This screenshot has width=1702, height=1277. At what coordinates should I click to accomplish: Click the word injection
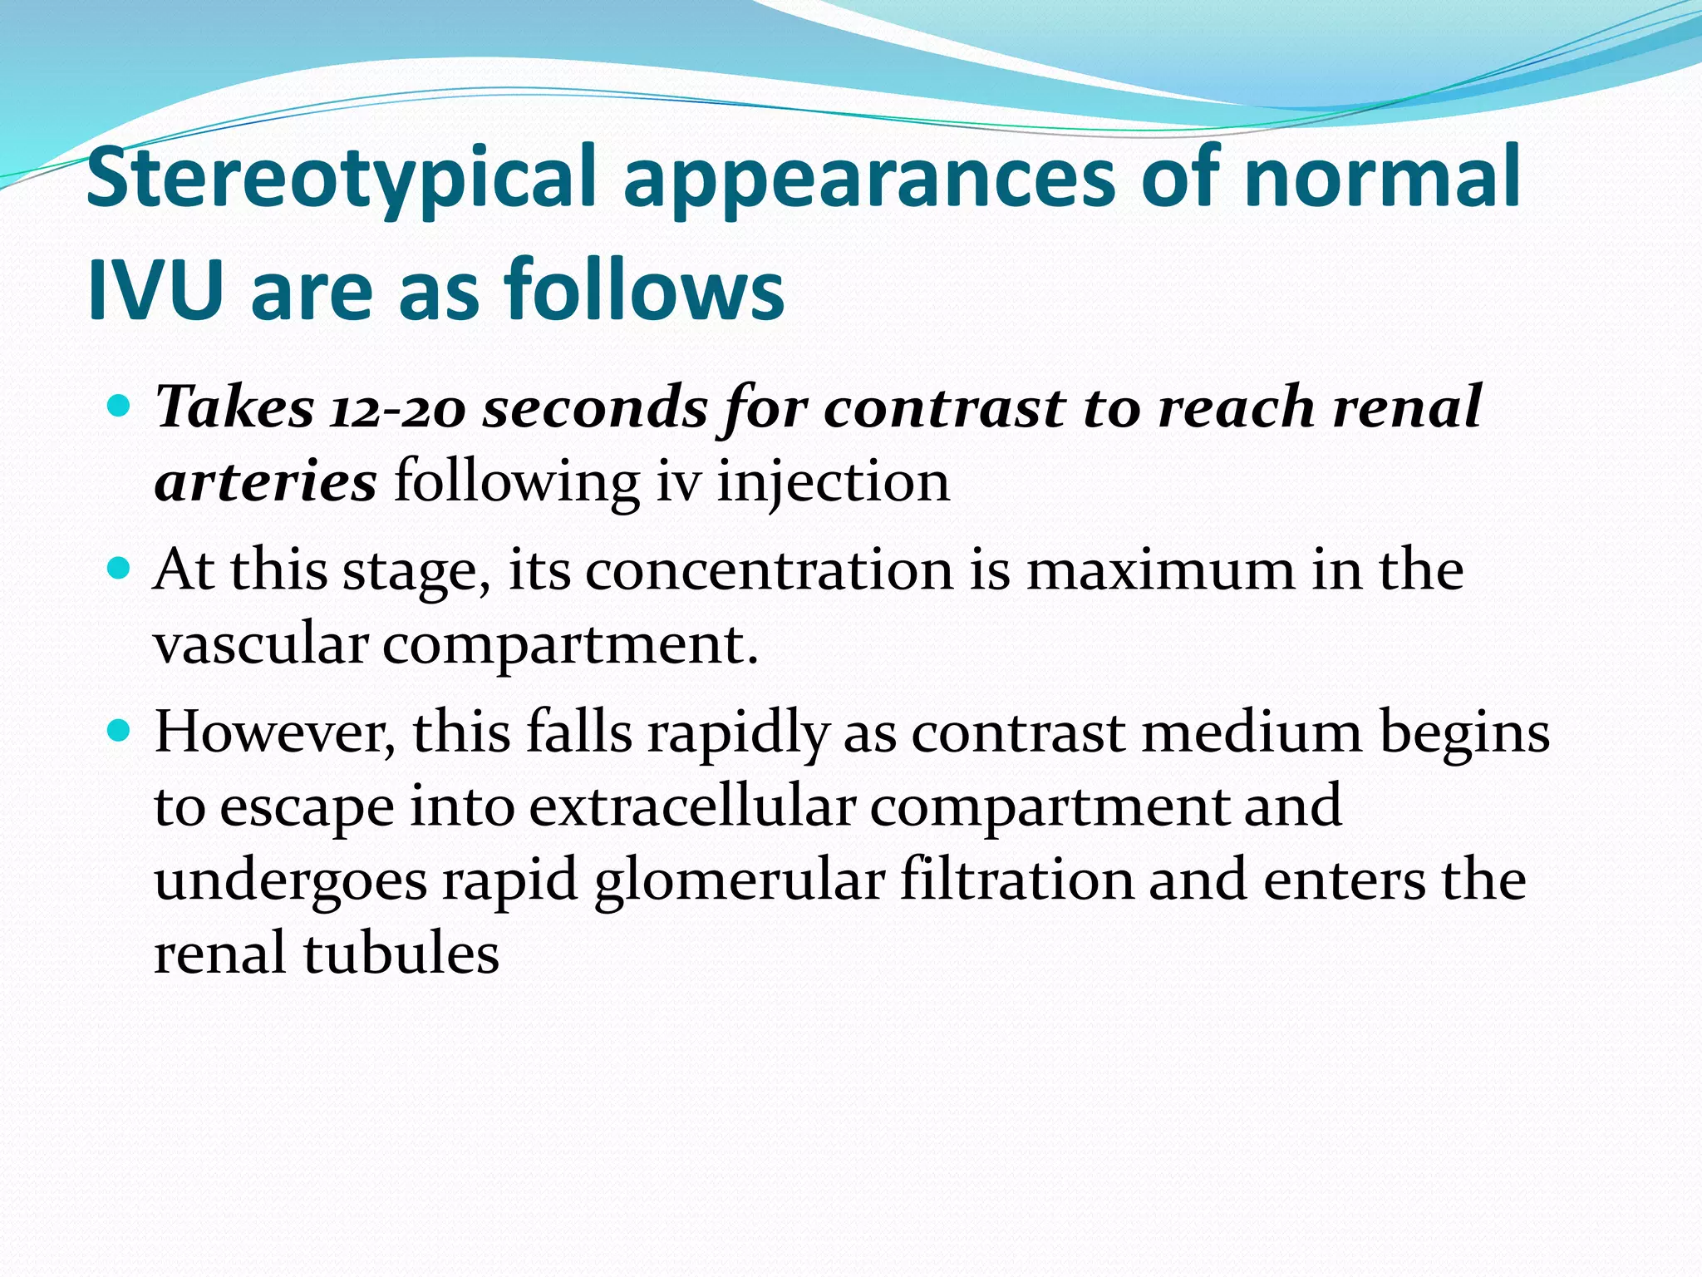pos(833,482)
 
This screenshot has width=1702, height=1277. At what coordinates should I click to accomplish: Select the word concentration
pos(769,570)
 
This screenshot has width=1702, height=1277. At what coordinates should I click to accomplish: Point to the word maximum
pos(1161,570)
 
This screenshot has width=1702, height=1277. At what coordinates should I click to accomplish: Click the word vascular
pos(261,644)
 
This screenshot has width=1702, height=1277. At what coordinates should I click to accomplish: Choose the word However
pos(275,732)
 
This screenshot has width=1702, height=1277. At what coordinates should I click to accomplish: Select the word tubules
pos(401,954)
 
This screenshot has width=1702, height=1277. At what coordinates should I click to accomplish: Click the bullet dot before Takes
pos(121,407)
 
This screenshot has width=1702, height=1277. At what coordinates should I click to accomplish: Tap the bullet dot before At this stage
pos(121,569)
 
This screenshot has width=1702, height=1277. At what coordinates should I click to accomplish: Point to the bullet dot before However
pos(121,731)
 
